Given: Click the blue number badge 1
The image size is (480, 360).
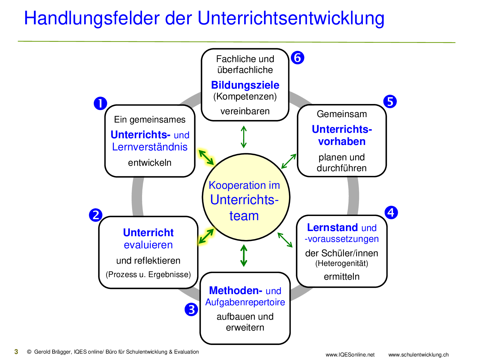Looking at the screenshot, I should pyautogui.click(x=100, y=103).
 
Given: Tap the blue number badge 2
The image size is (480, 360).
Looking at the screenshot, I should pyautogui.click(x=96, y=215).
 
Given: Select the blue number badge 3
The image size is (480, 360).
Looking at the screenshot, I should pyautogui.click(x=191, y=309).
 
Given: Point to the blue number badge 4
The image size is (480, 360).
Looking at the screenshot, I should pyautogui.click(x=391, y=212).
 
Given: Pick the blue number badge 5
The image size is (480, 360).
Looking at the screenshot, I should pyautogui.click(x=390, y=101).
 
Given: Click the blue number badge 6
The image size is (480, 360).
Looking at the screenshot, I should pyautogui.click(x=298, y=58).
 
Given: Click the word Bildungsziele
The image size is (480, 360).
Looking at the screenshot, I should pyautogui.click(x=245, y=85).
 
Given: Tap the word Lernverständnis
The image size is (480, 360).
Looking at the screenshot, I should pyautogui.click(x=150, y=147).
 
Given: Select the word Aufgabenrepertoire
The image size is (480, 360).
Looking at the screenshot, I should pyautogui.click(x=245, y=302).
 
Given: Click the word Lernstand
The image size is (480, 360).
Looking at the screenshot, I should pyautogui.click(x=332, y=228).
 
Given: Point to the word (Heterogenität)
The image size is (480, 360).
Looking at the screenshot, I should pyautogui.click(x=342, y=263).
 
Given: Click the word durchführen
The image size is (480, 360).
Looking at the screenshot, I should pyautogui.click(x=342, y=168).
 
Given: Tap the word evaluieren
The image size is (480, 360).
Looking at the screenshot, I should pyautogui.click(x=148, y=245).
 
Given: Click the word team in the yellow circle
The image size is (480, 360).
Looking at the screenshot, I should pyautogui.click(x=244, y=216).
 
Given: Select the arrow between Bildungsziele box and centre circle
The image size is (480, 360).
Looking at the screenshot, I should pyautogui.click(x=244, y=137).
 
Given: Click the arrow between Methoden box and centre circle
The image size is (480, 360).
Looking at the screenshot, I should pyautogui.click(x=244, y=256).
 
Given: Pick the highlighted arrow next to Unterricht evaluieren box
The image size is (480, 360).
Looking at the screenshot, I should pyautogui.click(x=206, y=236).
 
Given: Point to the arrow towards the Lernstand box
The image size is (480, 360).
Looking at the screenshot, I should pyautogui.click(x=285, y=240).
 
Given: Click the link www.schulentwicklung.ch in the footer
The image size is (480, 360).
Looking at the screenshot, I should pyautogui.click(x=418, y=355).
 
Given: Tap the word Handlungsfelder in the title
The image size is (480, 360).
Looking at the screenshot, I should pyautogui.click(x=92, y=18).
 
